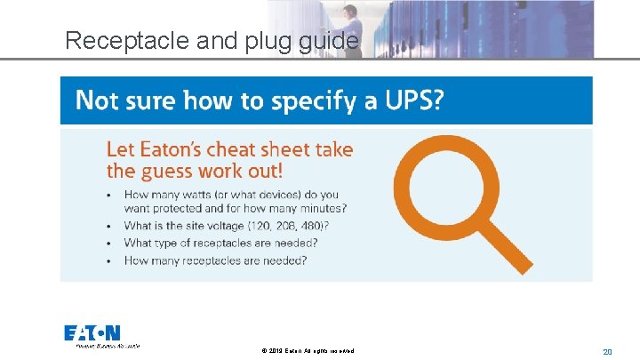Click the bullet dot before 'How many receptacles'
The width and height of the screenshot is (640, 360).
(109, 260)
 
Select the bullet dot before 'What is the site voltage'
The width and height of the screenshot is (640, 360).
(109, 227)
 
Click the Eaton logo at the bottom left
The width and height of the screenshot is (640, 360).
(93, 334)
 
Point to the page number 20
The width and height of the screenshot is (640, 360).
(607, 352)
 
